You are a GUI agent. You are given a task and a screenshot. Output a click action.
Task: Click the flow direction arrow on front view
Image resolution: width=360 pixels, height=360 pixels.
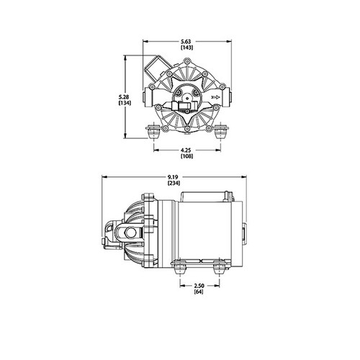[214, 94]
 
